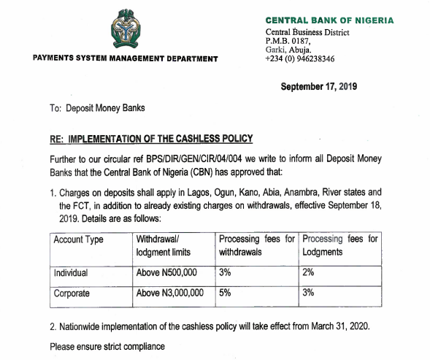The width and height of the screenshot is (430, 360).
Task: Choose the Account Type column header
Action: [x=79, y=240]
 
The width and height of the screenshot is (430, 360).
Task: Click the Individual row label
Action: [x=71, y=272]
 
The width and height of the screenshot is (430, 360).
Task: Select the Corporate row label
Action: [x=72, y=293]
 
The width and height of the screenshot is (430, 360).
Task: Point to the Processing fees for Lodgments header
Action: [x=340, y=245]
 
